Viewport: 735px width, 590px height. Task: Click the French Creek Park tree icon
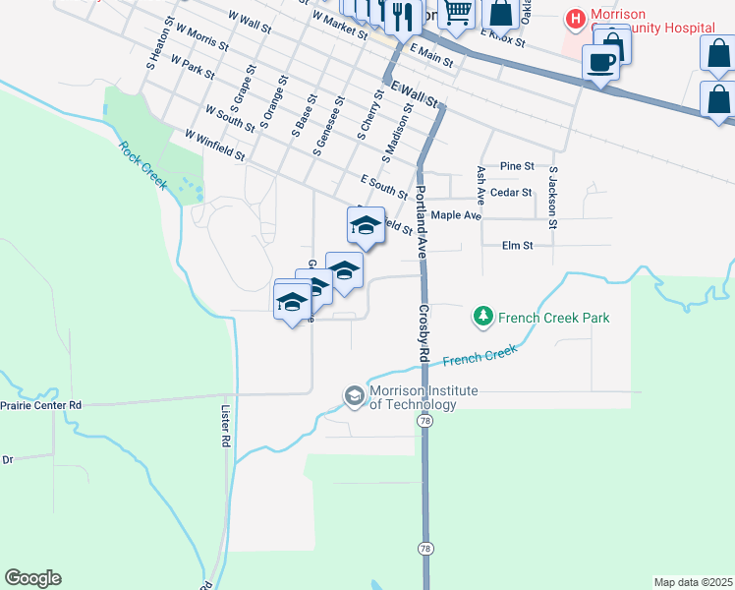pos(482,317)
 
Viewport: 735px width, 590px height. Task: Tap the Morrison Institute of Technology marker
pos(354,395)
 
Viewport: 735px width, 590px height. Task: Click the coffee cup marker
pos(600,62)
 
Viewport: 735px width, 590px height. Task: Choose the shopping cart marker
pos(457,12)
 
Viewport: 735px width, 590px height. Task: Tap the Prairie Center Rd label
pos(40,404)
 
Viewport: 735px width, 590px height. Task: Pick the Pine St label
pos(517,166)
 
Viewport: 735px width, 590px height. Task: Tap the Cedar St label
pos(511,193)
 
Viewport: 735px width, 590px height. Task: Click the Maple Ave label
pos(456,215)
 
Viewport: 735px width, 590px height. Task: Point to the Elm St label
pos(516,246)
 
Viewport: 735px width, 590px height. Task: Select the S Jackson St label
pos(553,198)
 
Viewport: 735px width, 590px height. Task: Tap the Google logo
pos(32,578)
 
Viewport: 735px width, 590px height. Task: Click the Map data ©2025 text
pos(693,582)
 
